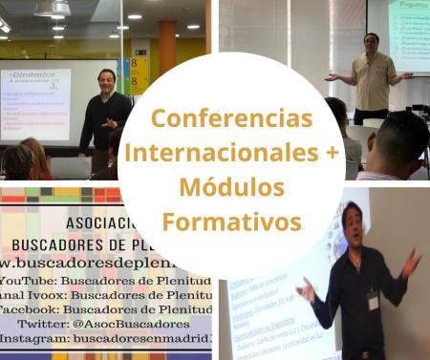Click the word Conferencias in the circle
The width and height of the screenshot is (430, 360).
point(232,120)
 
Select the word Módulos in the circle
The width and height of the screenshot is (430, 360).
point(232,188)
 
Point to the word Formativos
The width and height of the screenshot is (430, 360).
point(232,222)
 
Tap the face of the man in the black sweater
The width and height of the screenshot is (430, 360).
point(106,79)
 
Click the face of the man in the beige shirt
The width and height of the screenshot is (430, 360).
point(372,45)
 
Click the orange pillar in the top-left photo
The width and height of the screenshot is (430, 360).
point(167,57)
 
